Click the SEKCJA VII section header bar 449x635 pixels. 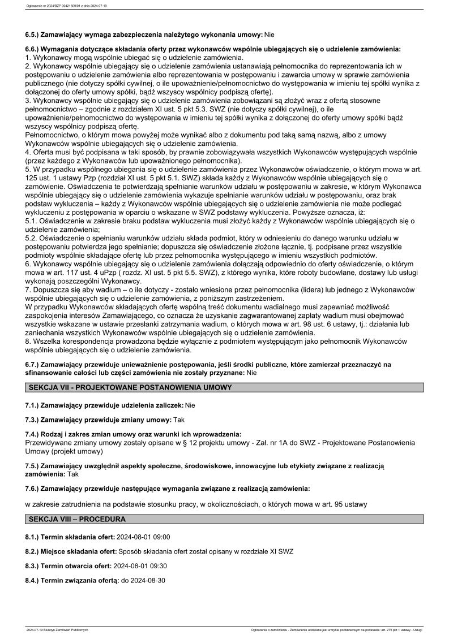coord(224,388)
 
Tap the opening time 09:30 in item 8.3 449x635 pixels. coord(157,565)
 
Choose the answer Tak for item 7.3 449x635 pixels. coord(179,420)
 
